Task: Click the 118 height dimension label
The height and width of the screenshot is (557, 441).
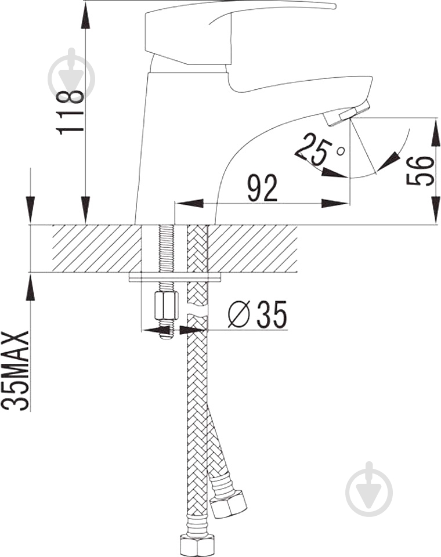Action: [70, 111]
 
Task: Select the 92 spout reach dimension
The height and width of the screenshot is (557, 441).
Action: [262, 187]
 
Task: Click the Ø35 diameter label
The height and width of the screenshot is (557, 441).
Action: [257, 314]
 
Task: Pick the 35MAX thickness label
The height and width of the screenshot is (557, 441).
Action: [15, 371]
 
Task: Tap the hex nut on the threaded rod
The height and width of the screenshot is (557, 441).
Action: [166, 305]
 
